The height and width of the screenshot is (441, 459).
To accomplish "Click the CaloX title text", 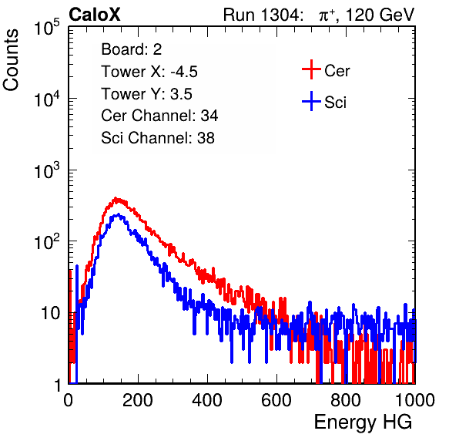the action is [x=94, y=15].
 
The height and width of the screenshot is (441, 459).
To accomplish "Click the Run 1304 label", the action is [x=261, y=15].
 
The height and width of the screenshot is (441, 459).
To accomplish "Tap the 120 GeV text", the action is [x=380, y=15].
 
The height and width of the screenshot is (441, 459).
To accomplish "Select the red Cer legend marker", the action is [x=311, y=69].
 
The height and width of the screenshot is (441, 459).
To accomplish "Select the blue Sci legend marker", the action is [x=311, y=102].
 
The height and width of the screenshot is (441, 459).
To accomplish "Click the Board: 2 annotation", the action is [x=131, y=49].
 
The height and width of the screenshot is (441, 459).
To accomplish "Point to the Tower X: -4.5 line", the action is [x=149, y=72].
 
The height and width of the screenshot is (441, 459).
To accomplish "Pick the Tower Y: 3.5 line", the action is [x=146, y=94].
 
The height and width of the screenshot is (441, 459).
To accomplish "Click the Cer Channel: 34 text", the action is [x=159, y=116].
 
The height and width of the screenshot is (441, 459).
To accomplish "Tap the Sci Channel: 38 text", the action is [x=158, y=138].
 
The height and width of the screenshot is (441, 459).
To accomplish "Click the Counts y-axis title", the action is [x=11, y=60].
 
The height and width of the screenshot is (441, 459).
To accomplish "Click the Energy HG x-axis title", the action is [x=363, y=422].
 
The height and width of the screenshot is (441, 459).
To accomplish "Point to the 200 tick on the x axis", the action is [x=138, y=400].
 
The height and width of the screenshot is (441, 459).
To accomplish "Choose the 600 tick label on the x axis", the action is [x=276, y=400].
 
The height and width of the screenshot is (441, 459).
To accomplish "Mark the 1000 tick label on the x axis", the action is [x=415, y=400].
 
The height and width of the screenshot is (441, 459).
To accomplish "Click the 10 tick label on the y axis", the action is [x=51, y=314].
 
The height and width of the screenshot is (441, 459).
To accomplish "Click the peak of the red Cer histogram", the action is [x=116, y=198].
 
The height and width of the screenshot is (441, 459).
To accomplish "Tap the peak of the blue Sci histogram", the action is [x=118, y=214].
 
